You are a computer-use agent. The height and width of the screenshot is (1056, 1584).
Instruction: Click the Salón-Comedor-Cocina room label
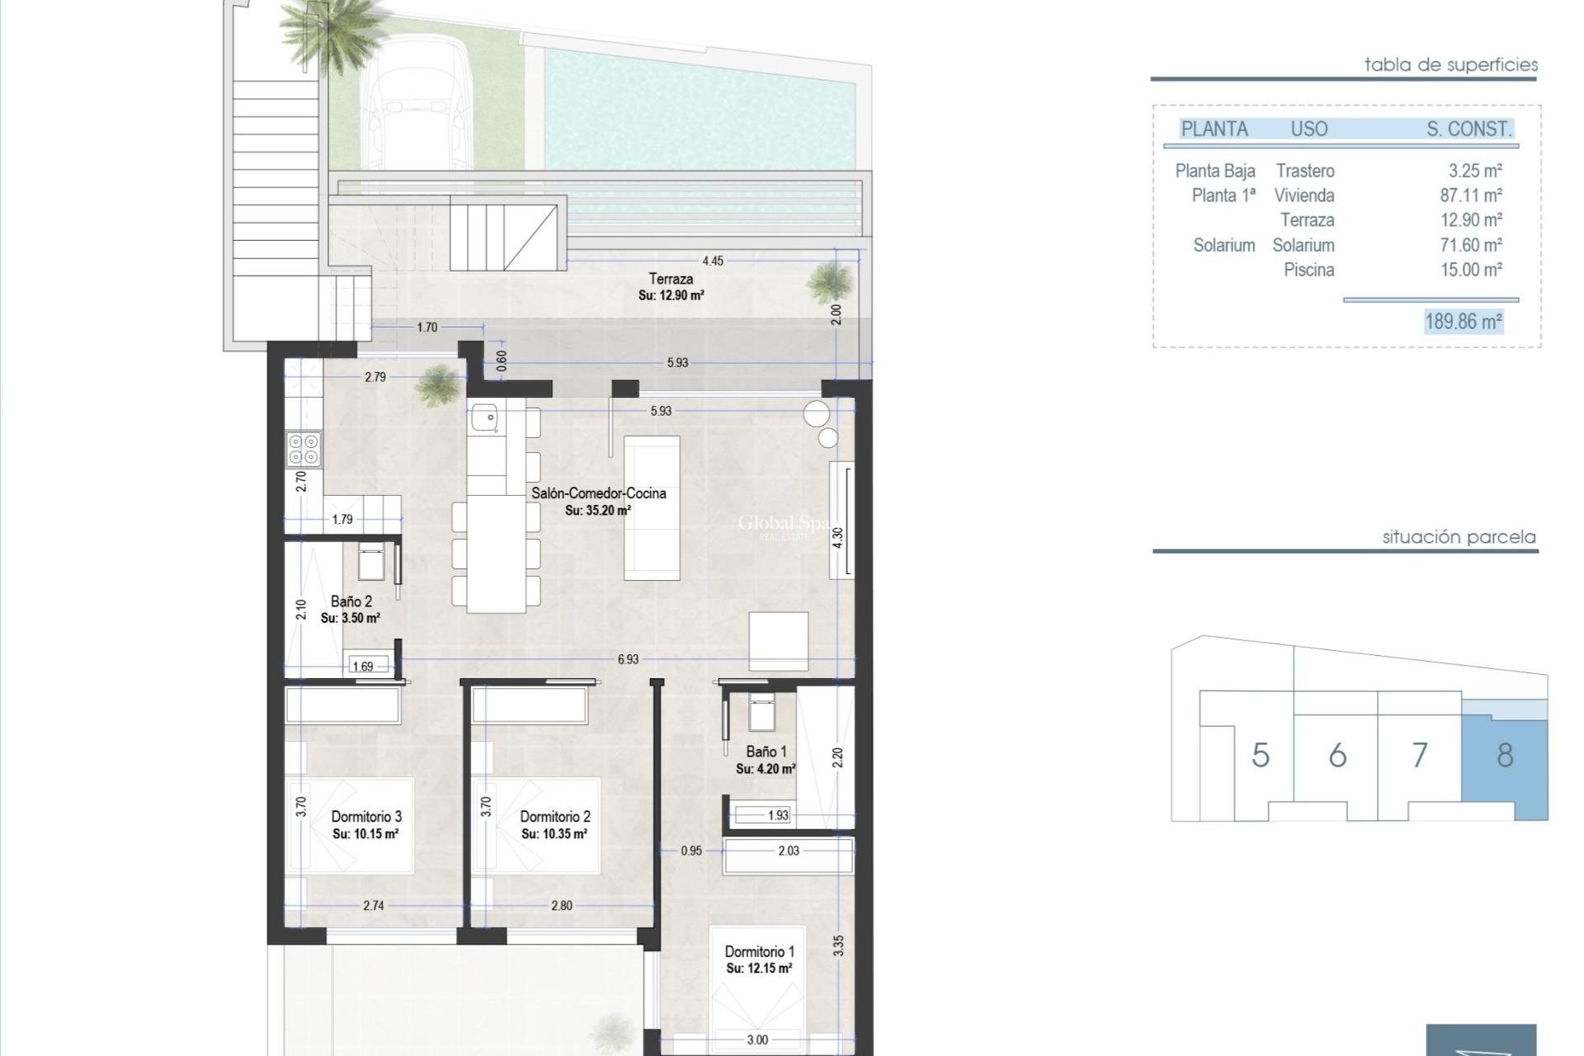pos(598,493)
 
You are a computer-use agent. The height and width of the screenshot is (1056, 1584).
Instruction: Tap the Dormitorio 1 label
pos(759,951)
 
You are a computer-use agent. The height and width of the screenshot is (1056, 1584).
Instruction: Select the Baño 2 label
pos(351,601)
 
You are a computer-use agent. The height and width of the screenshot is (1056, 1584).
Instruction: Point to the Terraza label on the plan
pos(671,279)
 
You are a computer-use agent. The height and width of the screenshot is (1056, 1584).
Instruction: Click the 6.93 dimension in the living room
pos(628,659)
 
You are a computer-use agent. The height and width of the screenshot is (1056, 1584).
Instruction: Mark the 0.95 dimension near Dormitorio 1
pos(691,851)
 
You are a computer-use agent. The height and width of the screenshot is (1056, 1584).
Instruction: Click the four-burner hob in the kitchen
pos(304,449)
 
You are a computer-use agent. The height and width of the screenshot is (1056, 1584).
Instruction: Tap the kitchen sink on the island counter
pos(482,419)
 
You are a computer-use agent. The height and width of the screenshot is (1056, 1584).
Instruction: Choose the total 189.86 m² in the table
pos(1463,322)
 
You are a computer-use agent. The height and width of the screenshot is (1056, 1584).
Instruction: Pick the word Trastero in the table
pos(1304,171)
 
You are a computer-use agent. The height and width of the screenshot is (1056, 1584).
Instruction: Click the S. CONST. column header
pos(1468,129)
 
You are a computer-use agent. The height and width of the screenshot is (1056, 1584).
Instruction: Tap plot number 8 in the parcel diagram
pos(1504,755)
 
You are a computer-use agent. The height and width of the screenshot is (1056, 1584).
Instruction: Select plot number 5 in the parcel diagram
pos(1260,755)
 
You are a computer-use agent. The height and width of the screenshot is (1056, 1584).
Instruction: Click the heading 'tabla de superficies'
pos(1450,64)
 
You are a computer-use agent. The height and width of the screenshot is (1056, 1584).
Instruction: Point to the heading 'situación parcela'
pos(1459,537)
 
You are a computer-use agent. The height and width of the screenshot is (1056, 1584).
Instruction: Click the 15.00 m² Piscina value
pos(1470,270)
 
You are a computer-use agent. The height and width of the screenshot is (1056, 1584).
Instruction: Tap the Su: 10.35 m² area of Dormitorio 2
pos(554,834)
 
